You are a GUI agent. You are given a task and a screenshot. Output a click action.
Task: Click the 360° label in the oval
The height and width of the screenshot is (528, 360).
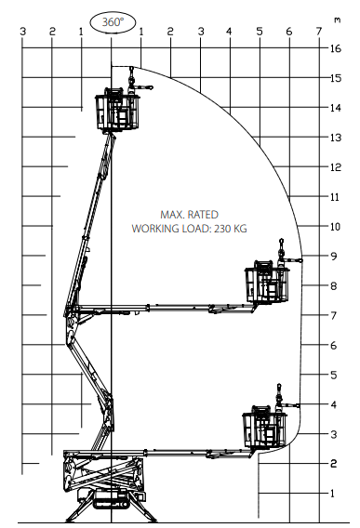[113, 22]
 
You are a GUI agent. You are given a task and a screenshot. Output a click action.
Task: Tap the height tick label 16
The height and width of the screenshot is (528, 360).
[336, 48]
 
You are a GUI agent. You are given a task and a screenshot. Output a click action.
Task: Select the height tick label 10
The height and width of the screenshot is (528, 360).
[335, 227]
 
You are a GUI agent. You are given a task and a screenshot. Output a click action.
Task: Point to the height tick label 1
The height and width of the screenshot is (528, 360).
[333, 494]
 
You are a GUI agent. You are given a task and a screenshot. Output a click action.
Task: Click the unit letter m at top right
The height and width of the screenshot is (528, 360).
[337, 20]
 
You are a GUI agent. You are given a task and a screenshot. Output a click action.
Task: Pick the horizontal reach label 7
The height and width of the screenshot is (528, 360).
[319, 32]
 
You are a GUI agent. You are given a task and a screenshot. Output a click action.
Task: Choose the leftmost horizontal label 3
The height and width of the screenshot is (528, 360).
[22, 32]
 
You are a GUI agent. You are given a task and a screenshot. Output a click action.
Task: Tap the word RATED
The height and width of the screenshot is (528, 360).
[203, 215]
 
